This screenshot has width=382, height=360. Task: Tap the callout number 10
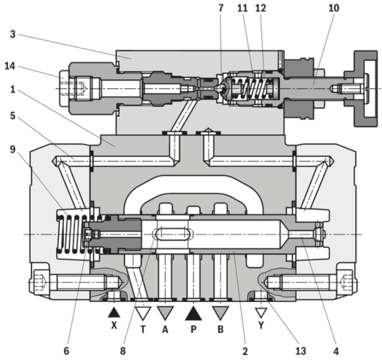click(334, 9)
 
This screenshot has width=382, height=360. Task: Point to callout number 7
click(221, 9)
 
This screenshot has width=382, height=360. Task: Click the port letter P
click(193, 330)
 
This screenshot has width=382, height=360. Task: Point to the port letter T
click(143, 330)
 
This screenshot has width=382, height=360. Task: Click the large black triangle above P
click(193, 313)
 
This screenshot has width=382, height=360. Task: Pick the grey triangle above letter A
click(165, 313)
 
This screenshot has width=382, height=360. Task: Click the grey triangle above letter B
click(221, 313)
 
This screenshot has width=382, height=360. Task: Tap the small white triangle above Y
click(261, 313)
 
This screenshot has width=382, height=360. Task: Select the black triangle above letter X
click(114, 312)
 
